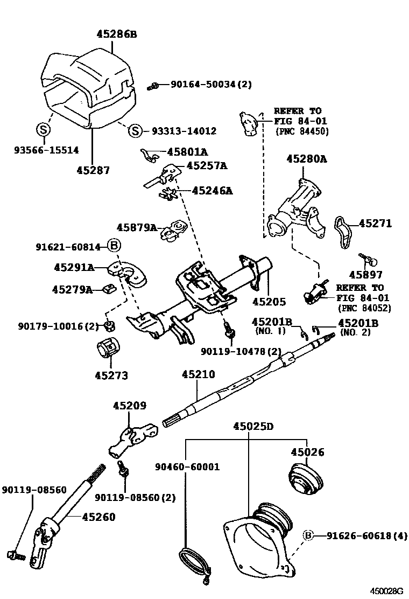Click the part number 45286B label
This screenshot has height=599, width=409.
pos(117,34)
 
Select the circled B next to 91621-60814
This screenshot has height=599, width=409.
pos(114,247)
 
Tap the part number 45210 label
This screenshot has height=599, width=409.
pos(198,374)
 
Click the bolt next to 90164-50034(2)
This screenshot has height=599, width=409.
pos(154,85)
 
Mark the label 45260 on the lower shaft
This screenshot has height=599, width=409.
pos(98,517)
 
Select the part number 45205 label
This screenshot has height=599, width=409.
pos(269,302)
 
